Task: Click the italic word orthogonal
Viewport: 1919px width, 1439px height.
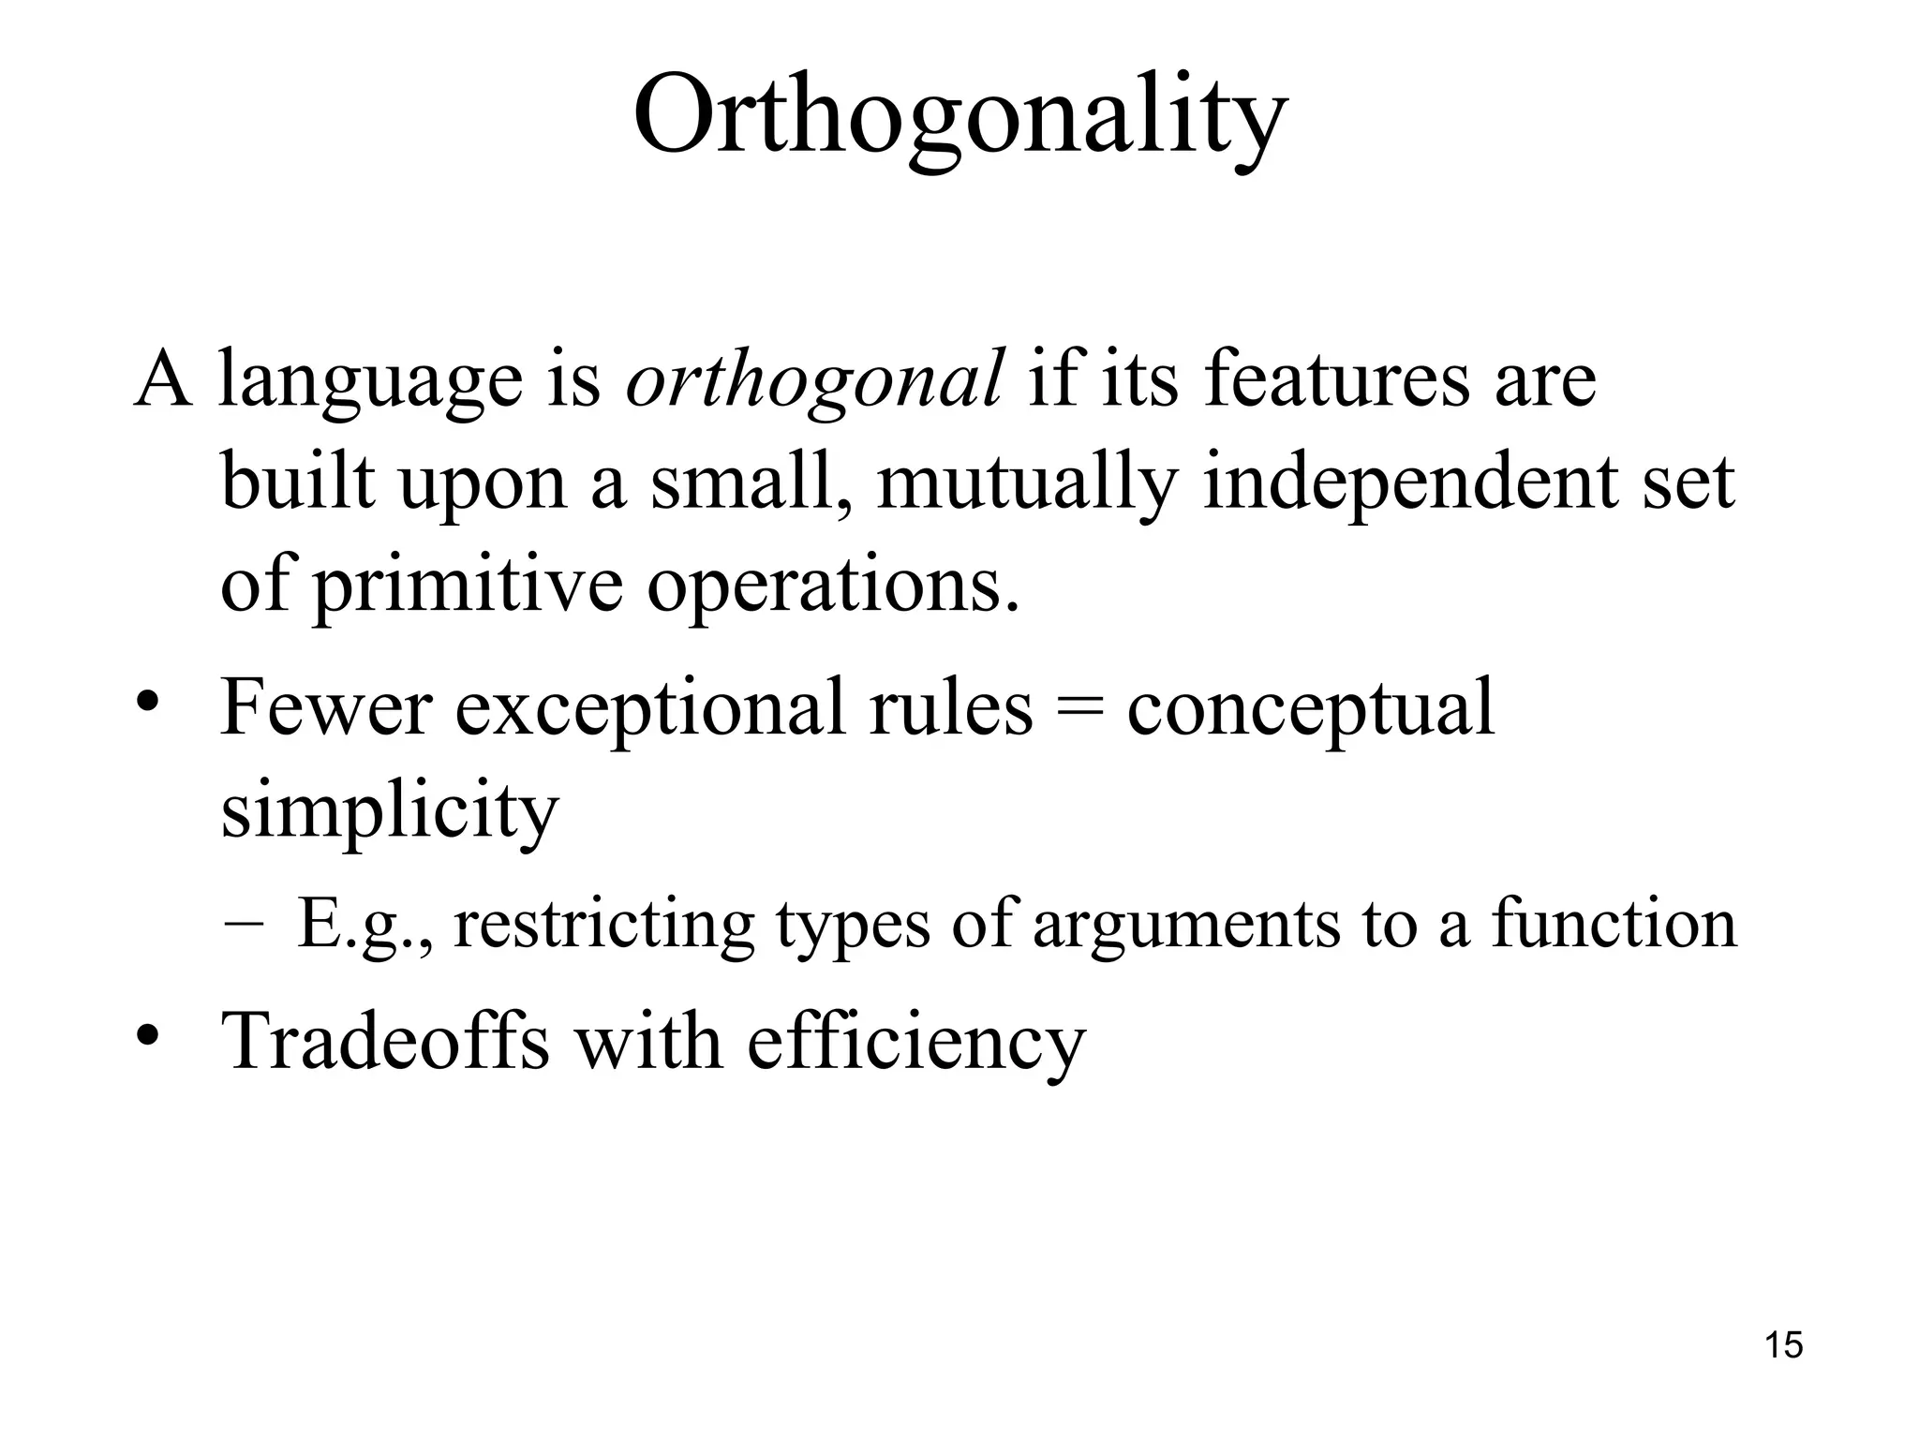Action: (814, 379)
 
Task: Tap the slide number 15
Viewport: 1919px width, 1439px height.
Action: (1783, 1345)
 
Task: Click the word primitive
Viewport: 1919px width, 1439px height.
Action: (468, 586)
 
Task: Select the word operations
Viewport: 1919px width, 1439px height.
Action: (833, 586)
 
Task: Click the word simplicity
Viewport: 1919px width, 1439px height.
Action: (389, 811)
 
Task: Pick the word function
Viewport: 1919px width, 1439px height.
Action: (1614, 922)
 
